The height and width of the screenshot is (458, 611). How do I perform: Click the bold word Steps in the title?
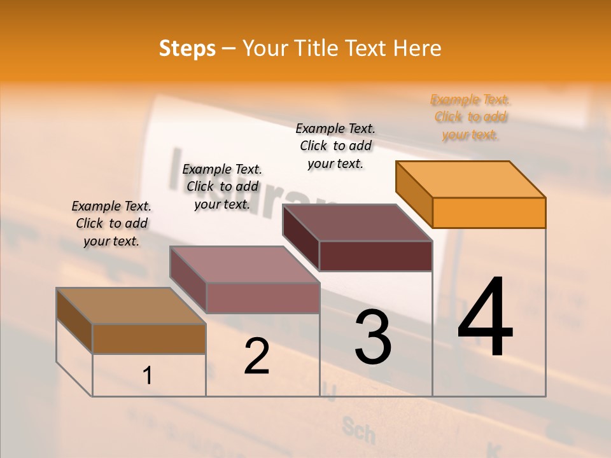pyautogui.click(x=187, y=48)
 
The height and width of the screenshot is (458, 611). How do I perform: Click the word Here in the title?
pyautogui.click(x=418, y=48)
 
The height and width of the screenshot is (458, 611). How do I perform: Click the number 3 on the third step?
pyautogui.click(x=373, y=337)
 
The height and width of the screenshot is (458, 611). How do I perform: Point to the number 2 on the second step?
pyautogui.click(x=256, y=356)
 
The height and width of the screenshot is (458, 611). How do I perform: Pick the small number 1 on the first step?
pyautogui.click(x=148, y=376)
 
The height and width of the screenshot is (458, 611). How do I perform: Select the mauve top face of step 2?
pyautogui.click(x=244, y=265)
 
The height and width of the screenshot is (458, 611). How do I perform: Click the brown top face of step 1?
pyautogui.click(x=131, y=306)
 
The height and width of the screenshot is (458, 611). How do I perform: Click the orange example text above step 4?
pyautogui.click(x=471, y=117)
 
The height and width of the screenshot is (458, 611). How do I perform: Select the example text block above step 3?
pyautogui.click(x=335, y=146)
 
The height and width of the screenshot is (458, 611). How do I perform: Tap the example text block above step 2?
pyautogui.click(x=222, y=186)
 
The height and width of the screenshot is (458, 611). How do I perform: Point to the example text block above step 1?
pyautogui.click(x=111, y=223)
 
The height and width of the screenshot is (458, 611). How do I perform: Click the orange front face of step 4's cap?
pyautogui.click(x=489, y=212)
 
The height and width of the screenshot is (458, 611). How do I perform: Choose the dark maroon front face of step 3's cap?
pyautogui.click(x=376, y=256)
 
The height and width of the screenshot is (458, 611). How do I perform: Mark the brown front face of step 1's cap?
pyautogui.click(x=149, y=338)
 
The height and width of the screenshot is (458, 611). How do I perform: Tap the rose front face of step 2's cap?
pyautogui.click(x=262, y=298)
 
